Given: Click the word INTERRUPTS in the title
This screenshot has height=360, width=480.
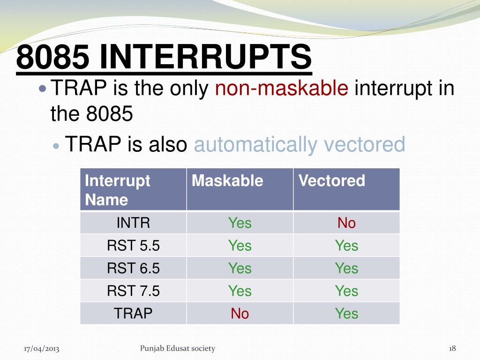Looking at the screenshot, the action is (205, 57).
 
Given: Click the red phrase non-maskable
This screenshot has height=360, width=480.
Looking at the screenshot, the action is (282, 88).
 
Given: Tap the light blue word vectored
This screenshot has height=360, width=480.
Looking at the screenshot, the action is (364, 144).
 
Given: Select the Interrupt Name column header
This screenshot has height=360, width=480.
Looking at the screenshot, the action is (118, 190).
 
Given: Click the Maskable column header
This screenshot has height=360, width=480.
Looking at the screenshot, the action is (227, 180).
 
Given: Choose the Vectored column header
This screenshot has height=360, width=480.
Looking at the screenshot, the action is (332, 180).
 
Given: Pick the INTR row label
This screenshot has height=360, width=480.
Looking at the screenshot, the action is (133, 223).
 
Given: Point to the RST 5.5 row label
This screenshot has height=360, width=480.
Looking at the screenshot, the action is (133, 246).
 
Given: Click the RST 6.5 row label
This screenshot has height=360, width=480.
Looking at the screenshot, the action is (133, 268).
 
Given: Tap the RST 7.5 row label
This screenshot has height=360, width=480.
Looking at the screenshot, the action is (133, 291).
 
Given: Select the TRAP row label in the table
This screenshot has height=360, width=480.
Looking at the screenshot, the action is (133, 314).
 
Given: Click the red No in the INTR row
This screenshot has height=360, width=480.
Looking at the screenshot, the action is (346, 223).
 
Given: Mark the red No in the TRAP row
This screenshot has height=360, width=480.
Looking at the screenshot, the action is (240, 314).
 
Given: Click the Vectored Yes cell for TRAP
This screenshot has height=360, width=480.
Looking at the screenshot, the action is (346, 314).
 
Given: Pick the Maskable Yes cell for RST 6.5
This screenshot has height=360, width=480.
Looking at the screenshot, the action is (240, 268).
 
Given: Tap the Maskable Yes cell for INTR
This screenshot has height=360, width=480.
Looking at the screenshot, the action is (240, 223).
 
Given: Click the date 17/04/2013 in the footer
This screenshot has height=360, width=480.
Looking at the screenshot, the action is (41, 349).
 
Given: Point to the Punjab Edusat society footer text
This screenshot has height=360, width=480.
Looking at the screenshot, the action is (178, 348).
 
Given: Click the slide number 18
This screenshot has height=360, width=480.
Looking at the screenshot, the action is (452, 348).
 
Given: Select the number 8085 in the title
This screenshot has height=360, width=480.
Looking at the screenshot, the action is (53, 57).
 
